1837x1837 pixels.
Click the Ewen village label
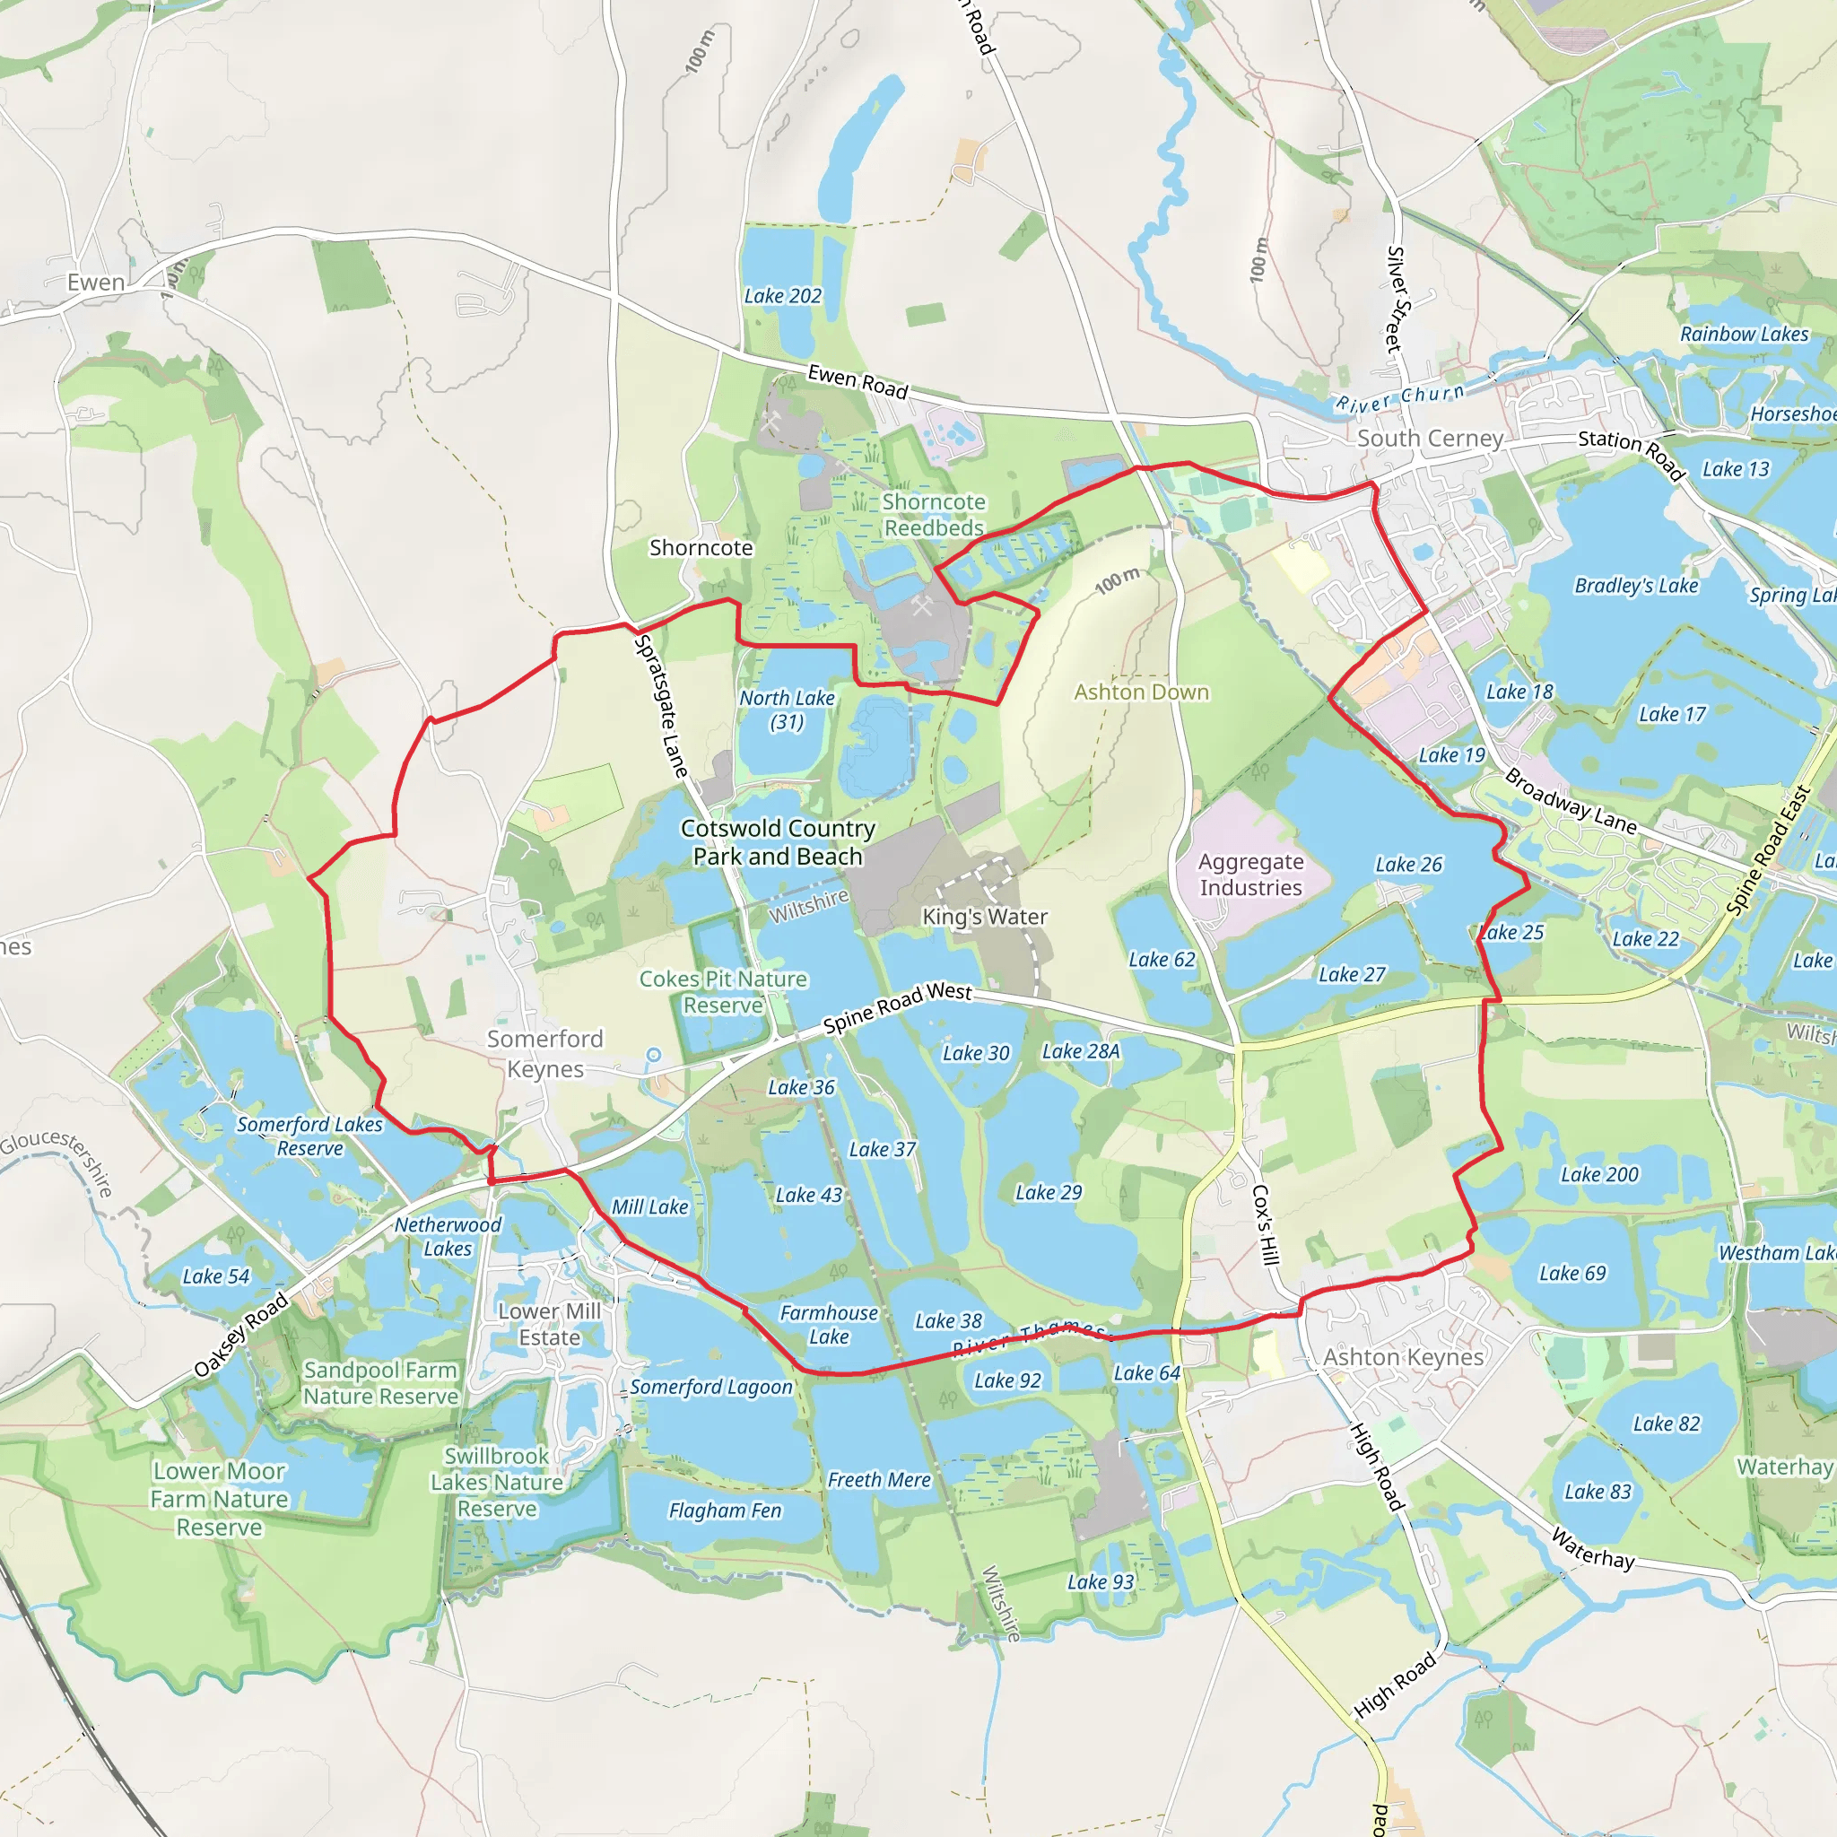coord(95,283)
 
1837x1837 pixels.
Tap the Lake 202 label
coord(782,297)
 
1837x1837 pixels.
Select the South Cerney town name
coord(1429,439)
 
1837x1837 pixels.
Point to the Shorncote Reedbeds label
coord(934,514)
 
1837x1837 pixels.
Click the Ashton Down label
coord(1141,692)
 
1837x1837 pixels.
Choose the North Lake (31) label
coord(788,710)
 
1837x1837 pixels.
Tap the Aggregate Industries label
coord(1250,875)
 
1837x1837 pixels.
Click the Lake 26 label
coord(1408,865)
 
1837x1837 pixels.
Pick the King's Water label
coord(984,917)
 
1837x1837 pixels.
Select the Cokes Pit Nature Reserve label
coord(723,992)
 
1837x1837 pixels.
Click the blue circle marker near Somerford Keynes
coord(654,1055)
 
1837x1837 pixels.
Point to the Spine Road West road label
coord(897,1007)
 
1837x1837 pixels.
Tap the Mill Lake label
coord(649,1206)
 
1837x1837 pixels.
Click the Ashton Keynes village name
coord(1403,1357)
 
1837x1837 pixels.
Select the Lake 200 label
coord(1599,1174)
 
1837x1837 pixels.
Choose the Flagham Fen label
coord(725,1510)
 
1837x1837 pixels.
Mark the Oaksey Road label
coord(240,1334)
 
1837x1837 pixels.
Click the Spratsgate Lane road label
coord(661,707)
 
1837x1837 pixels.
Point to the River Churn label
coord(1399,397)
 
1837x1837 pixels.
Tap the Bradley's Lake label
coord(1635,586)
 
